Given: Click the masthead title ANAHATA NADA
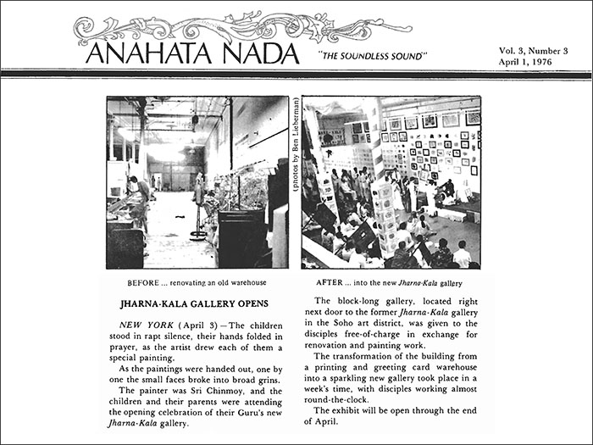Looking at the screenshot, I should point(191,54).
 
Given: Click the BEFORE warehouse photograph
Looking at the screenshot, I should point(197,182).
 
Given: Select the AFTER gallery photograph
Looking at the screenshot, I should point(391,182).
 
